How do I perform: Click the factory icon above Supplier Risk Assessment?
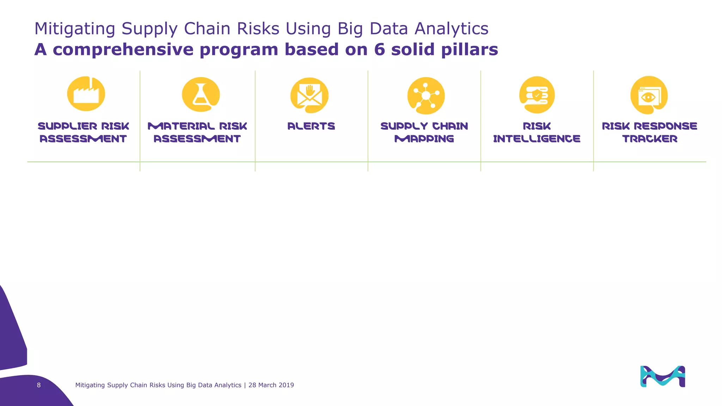pyautogui.click(x=86, y=94)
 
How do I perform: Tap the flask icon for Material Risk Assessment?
pyautogui.click(x=201, y=94)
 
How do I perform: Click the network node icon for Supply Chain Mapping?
pyautogui.click(x=426, y=96)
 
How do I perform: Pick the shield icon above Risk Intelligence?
pyautogui.click(x=537, y=95)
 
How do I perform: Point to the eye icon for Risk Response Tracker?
pyautogui.click(x=649, y=95)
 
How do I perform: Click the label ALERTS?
pyautogui.click(x=311, y=126)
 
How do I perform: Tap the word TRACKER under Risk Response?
pyautogui.click(x=650, y=139)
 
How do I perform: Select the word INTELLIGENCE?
pyautogui.click(x=537, y=139)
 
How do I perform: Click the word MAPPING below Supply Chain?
pyautogui.click(x=424, y=139)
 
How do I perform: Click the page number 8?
pyautogui.click(x=39, y=385)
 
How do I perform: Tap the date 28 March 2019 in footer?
pyautogui.click(x=271, y=385)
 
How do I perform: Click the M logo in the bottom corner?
pyautogui.click(x=662, y=376)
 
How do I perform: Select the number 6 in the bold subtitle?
pyautogui.click(x=379, y=49)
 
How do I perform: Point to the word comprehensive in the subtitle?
pyautogui.click(x=123, y=49)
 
